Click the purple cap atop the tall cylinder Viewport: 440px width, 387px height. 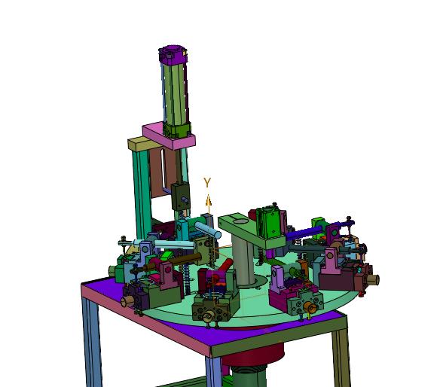(x=173, y=54)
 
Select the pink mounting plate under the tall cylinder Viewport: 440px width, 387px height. (x=169, y=138)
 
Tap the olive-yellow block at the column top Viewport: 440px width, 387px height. (x=143, y=144)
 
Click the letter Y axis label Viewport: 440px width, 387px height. (x=207, y=182)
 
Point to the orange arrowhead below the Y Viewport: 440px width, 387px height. (x=208, y=201)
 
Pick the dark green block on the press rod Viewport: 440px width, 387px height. (x=181, y=197)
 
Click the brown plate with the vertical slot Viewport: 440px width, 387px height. (x=163, y=172)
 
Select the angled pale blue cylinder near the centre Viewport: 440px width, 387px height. (x=208, y=230)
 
